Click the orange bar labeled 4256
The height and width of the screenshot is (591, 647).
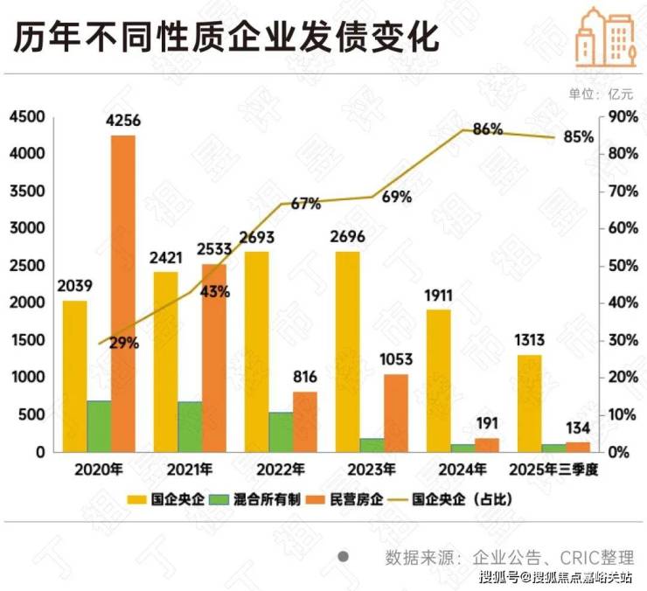(123, 293)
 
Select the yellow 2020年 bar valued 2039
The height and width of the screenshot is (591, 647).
(74, 376)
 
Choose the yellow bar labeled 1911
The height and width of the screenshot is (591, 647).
(438, 380)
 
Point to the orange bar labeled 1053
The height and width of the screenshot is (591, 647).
(396, 413)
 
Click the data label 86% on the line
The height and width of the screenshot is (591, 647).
(487, 129)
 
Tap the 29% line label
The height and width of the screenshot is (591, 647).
(124, 344)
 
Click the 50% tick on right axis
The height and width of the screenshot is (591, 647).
(621, 266)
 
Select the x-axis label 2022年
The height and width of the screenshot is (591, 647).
(281, 469)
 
